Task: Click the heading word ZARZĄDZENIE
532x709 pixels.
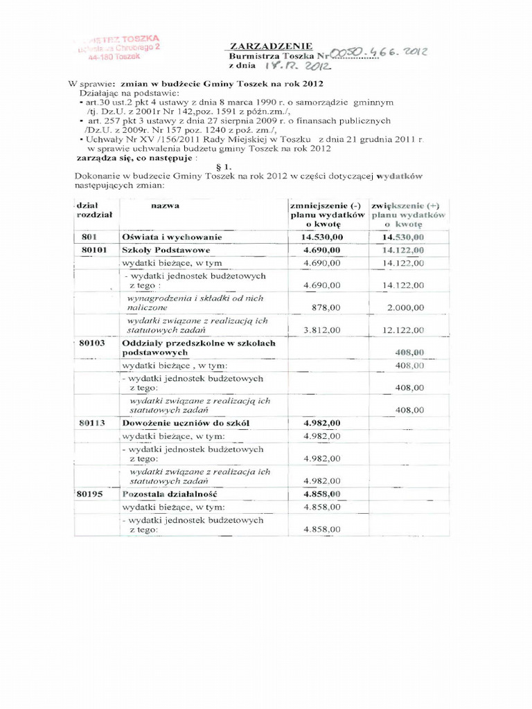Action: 265,45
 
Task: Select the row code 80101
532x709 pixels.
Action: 94,250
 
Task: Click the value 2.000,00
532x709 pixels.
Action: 405,307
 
